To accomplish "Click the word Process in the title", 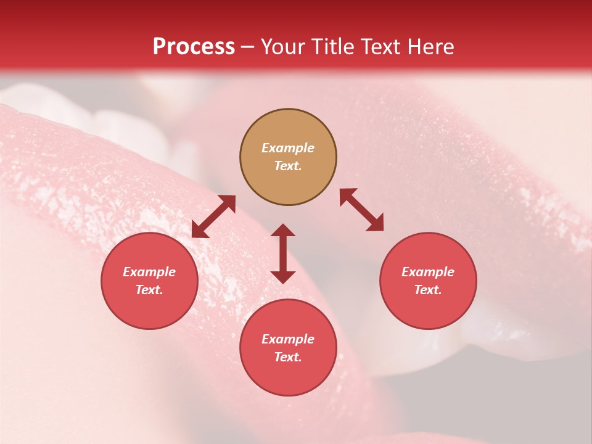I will tap(194, 47).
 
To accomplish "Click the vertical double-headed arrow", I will tap(283, 253).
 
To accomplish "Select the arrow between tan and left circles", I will tap(213, 216).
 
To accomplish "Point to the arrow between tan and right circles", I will tap(362, 210).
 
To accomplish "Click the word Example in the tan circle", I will tap(288, 148).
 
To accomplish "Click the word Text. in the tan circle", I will tap(288, 166).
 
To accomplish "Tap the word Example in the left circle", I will tap(149, 272).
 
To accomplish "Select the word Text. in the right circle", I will tap(428, 290).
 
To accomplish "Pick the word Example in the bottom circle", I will tap(288, 339).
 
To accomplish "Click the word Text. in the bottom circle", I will tap(288, 357).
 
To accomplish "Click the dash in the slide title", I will tap(247, 47).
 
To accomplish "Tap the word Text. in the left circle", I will tap(149, 290).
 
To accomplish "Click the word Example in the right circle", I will tap(428, 272).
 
